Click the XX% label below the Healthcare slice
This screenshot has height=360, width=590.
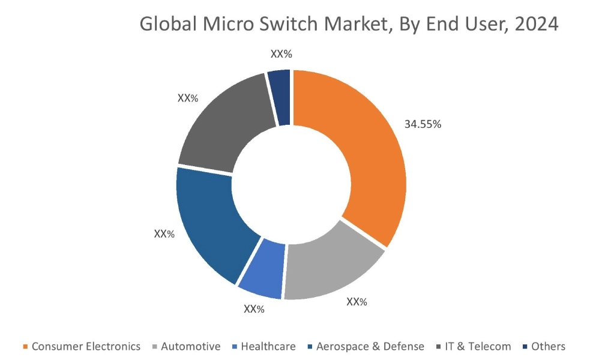click(254, 309)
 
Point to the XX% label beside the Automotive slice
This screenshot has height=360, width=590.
click(357, 302)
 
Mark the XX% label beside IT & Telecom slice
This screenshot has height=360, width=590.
click(188, 98)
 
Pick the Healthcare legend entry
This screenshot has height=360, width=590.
click(268, 346)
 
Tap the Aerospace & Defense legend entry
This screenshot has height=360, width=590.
click(370, 346)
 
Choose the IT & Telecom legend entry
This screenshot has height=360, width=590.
click(477, 346)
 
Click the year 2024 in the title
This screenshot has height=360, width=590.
click(534, 25)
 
